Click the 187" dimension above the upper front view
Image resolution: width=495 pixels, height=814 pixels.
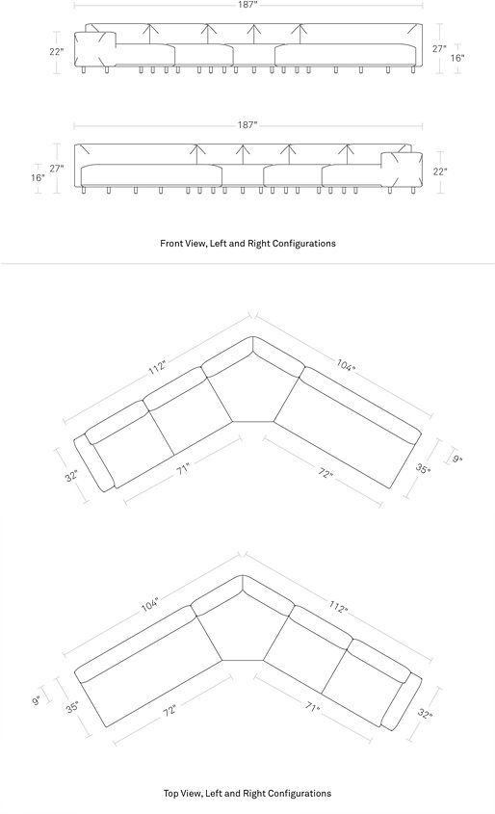click(248, 5)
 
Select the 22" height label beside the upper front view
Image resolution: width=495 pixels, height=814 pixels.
click(56, 51)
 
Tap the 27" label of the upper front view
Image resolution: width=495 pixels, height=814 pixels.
click(439, 48)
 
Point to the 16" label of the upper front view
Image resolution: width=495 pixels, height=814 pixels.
click(457, 58)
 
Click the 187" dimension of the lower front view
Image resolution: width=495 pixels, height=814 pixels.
click(247, 124)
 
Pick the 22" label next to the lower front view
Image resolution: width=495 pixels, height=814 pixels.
click(440, 171)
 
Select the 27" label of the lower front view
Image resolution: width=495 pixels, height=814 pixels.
click(57, 169)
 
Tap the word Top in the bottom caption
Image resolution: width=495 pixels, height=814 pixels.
click(170, 793)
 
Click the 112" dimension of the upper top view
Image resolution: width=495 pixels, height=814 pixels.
click(157, 366)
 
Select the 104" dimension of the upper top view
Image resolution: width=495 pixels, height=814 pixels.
click(346, 365)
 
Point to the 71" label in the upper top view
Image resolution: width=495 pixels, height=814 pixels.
click(183, 468)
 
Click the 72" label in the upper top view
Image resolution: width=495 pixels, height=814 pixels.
click(325, 473)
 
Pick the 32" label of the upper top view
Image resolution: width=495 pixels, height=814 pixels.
click(71, 476)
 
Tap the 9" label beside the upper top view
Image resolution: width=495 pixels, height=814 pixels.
click(456, 459)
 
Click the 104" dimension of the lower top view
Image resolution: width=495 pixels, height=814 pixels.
click(150, 604)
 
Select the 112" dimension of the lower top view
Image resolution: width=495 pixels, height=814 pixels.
click(338, 607)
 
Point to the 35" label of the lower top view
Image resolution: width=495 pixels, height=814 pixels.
click(72, 707)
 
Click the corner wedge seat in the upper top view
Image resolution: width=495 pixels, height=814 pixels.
click(253, 389)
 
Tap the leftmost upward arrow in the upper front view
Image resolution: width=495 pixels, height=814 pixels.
click(149, 34)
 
